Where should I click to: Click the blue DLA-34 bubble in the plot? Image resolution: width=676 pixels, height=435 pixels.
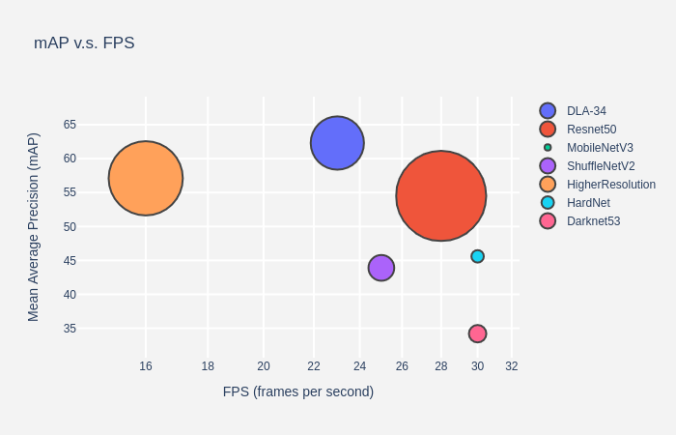337,143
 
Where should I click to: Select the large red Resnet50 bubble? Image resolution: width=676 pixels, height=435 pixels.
440,195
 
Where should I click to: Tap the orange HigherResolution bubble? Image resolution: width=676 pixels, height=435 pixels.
146,178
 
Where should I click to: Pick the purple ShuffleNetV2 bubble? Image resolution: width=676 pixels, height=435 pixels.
381,268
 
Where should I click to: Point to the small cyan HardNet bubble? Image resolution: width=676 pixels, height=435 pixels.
477,256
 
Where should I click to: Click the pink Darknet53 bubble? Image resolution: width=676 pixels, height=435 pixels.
477,333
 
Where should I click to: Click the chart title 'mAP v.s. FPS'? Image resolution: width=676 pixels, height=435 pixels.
84,43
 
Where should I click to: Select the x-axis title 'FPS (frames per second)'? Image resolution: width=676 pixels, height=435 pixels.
297,391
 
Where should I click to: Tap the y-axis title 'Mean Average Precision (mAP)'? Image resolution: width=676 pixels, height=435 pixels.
34,227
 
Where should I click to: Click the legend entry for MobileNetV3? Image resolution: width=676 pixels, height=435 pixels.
599,148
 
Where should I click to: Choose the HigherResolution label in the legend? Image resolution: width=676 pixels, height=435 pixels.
610,185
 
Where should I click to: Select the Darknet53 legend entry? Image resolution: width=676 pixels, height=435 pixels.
593,221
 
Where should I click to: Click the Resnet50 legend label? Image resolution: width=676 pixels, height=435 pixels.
591,130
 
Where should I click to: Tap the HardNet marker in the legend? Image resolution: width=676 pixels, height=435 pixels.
548,203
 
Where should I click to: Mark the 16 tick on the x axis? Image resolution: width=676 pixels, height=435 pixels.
146,366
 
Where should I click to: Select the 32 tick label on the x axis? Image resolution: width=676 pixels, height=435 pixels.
512,366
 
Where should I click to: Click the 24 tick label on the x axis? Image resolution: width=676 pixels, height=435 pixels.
359,366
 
